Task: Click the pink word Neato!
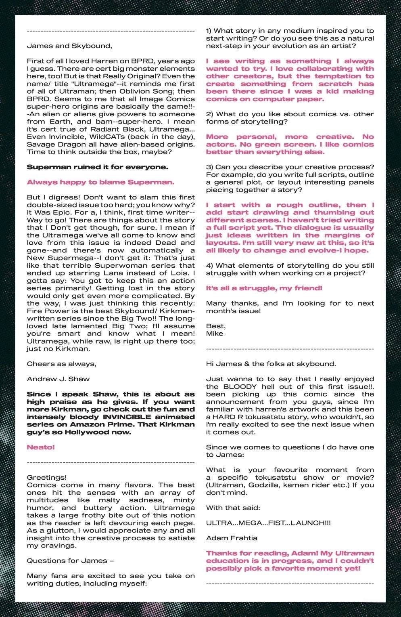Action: (41, 447)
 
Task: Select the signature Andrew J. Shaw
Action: (58, 379)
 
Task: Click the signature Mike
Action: (214, 333)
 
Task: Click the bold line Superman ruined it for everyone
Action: (97, 167)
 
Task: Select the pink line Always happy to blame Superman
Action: (100, 182)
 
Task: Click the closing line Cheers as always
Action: (61, 363)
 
